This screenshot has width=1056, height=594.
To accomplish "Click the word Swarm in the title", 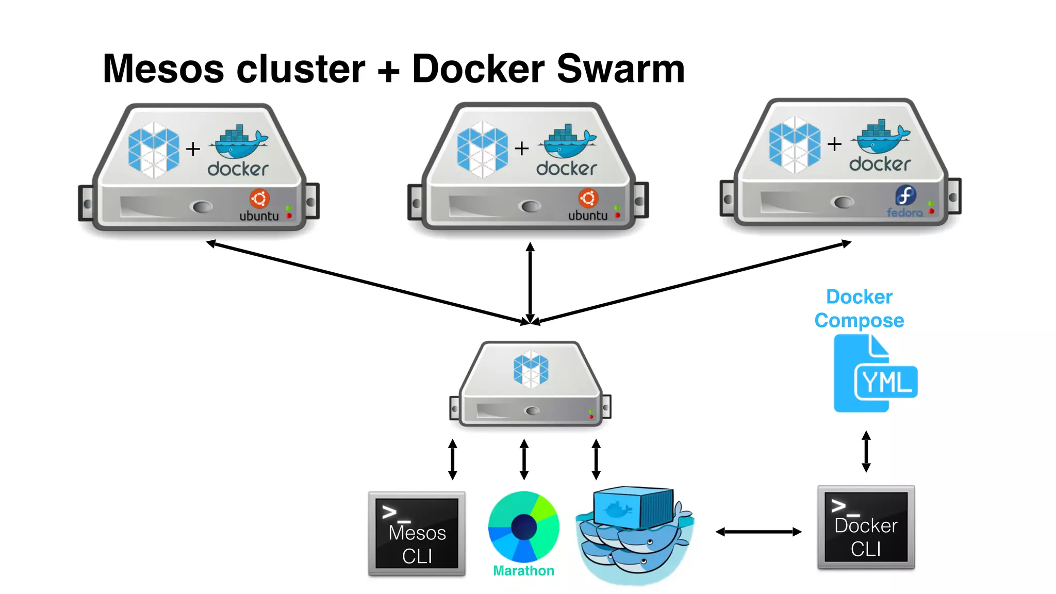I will tap(620, 69).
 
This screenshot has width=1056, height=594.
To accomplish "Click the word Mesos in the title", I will tap(163, 69).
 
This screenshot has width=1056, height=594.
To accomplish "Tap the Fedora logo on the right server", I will tap(905, 195).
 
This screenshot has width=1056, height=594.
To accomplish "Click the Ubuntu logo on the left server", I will tap(259, 199).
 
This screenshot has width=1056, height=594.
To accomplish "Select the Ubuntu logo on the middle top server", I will tap(588, 198).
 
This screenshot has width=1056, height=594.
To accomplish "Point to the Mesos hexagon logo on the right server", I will tap(794, 145).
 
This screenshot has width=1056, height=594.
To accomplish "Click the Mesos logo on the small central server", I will tap(531, 369).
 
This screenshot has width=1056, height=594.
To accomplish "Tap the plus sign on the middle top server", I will tap(522, 148).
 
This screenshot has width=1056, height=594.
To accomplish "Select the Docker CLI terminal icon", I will tap(866, 527).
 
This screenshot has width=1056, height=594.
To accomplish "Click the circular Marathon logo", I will tap(523, 526).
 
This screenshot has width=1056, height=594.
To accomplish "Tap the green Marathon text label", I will tap(523, 571).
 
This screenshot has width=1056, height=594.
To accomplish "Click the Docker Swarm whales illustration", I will tap(634, 534).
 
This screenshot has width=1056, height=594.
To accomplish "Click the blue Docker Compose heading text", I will tap(859, 308).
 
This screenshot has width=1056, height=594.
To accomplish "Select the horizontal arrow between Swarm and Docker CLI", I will tap(758, 532).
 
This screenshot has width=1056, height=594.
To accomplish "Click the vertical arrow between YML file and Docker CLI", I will tap(866, 452).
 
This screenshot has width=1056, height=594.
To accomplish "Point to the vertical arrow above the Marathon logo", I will tap(524, 459).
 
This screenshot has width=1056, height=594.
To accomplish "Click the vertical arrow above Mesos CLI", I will tap(452, 459).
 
